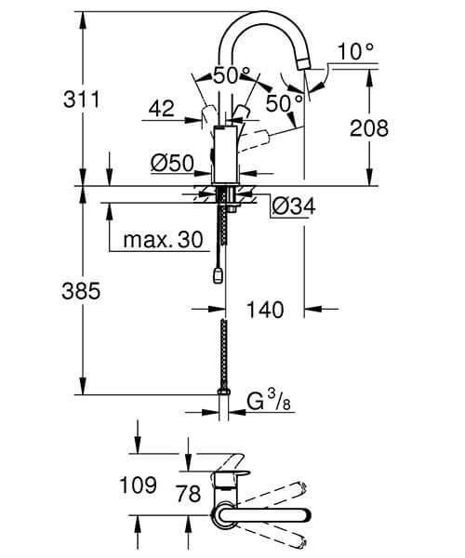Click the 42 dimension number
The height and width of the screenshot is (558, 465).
point(161,109)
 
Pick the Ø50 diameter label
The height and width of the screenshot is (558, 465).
point(171,164)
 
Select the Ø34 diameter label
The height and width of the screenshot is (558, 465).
point(294,206)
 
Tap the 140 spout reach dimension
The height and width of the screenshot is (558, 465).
point(265,309)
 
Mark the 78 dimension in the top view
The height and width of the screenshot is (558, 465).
point(188,494)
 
